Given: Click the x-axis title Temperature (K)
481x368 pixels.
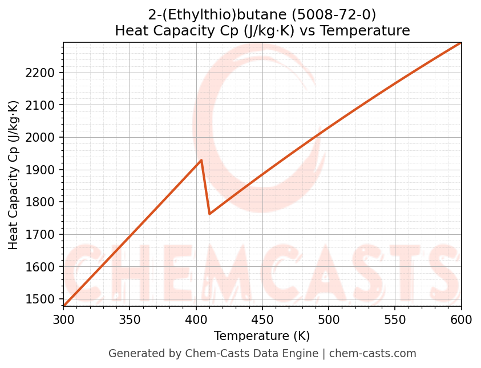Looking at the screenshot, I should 262,336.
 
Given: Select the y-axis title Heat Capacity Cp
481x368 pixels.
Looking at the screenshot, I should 14,175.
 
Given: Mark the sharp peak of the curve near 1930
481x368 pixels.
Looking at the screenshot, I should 201,160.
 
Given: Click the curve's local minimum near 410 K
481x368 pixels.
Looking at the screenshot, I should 210,214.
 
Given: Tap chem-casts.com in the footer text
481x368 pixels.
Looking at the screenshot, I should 371,354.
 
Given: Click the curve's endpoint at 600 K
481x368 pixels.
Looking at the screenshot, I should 461,42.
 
